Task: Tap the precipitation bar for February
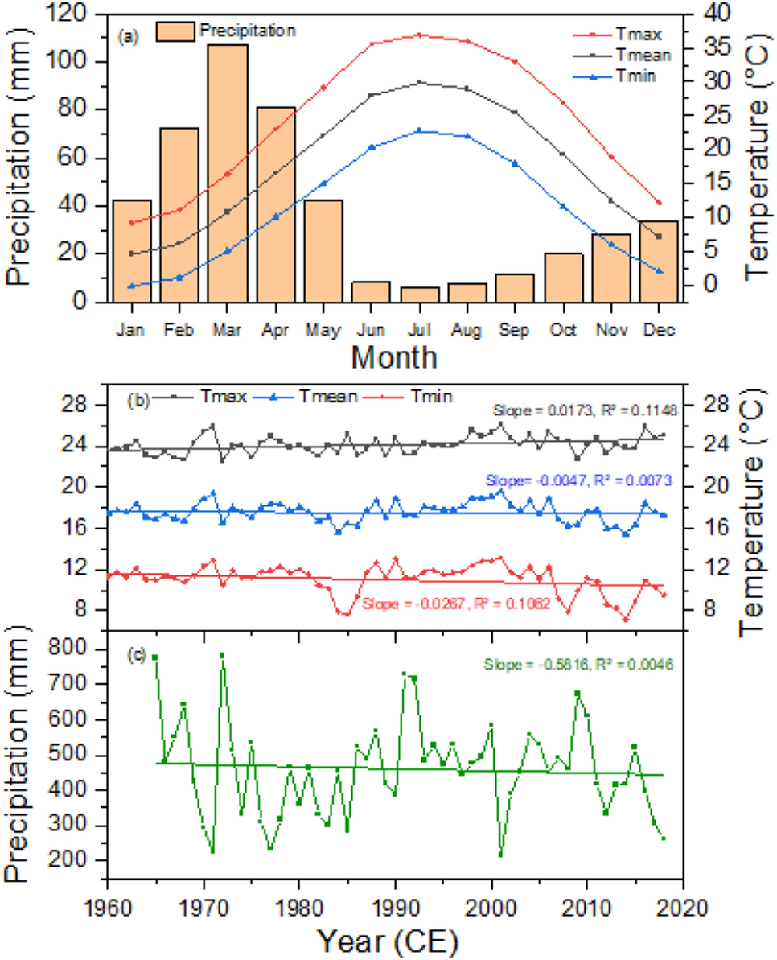[x=179, y=214]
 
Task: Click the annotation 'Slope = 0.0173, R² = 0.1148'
[x=586, y=410]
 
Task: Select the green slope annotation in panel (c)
[x=578, y=665]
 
